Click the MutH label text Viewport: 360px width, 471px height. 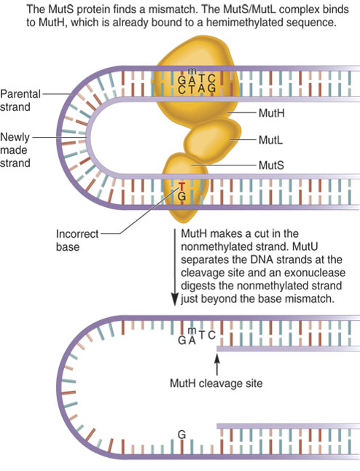point(271,113)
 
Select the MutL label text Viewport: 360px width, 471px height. point(270,140)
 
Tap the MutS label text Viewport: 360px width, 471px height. point(271,166)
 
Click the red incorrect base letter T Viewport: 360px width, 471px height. point(181,187)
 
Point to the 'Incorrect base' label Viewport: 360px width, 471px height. point(77,241)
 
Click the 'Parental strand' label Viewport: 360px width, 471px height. point(20,100)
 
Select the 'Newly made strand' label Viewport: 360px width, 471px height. point(15,150)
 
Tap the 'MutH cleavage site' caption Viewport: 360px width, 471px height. point(216,384)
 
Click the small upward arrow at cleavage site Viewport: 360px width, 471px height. point(217,365)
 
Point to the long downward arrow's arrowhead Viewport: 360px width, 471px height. point(174,299)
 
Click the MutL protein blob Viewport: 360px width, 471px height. point(213,139)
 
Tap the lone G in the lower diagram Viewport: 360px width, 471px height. point(181,435)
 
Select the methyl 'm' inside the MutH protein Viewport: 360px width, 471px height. point(192,71)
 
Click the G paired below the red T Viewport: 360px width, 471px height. point(181,196)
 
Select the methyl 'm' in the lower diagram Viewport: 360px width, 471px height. point(192,330)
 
